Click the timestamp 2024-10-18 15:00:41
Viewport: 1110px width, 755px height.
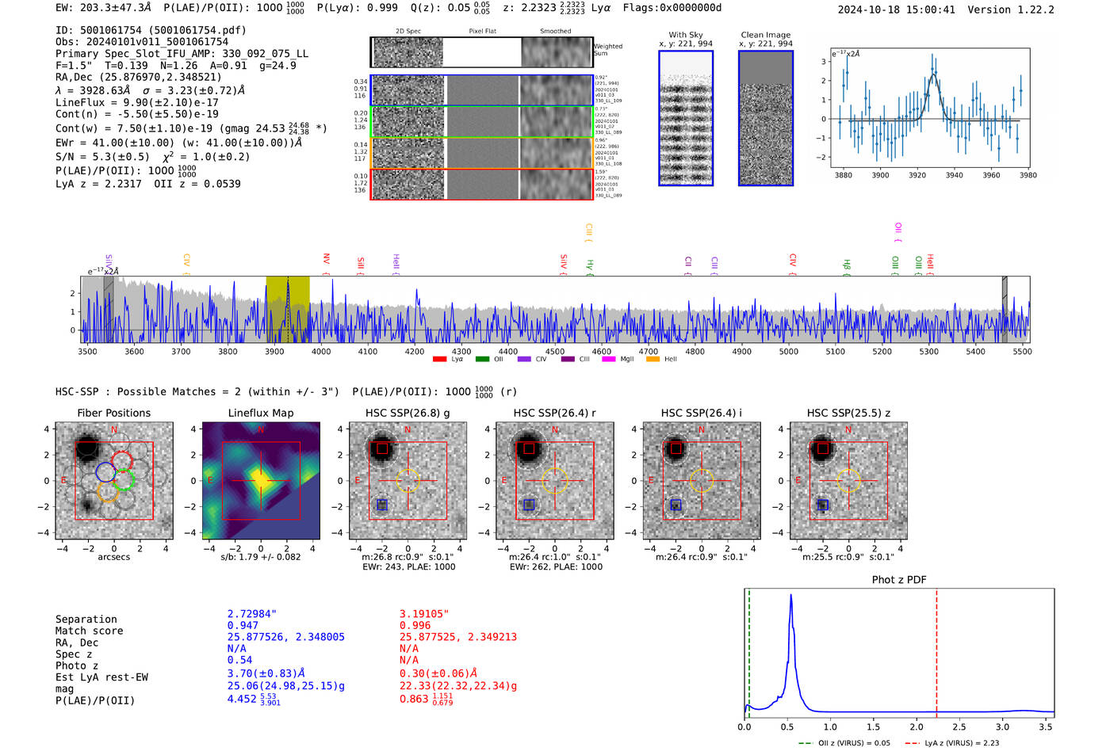(x=896, y=10)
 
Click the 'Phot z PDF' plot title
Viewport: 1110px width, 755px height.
(x=898, y=579)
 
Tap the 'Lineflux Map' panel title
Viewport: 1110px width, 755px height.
(x=260, y=413)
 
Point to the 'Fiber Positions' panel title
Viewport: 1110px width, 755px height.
(x=113, y=413)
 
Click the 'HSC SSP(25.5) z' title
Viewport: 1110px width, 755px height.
(x=848, y=413)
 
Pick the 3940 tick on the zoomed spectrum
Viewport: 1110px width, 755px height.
(x=954, y=175)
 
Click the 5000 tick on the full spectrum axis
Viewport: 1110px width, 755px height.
(x=788, y=351)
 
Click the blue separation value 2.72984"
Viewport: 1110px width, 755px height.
(x=252, y=614)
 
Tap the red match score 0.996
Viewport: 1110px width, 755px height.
(x=415, y=625)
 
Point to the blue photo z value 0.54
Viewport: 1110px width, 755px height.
(x=239, y=660)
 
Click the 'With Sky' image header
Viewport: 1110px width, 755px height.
(x=686, y=35)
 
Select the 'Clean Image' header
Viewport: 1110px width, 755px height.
(x=765, y=35)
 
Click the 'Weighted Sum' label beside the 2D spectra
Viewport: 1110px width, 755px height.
(x=607, y=50)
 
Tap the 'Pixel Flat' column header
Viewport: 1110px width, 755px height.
(x=482, y=31)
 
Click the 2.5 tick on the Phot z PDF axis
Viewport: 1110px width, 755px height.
(x=959, y=726)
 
